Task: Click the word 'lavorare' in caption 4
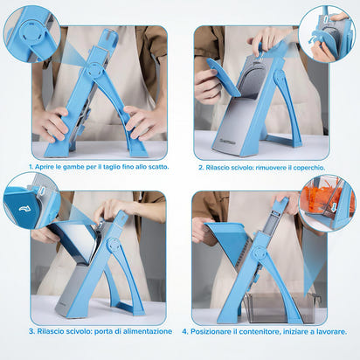tap(328, 331)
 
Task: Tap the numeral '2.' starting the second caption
tap(200, 166)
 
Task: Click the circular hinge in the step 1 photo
tap(93, 69)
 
